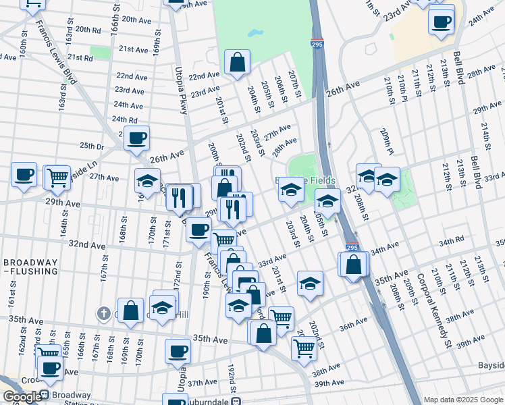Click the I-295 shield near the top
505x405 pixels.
coord(317,44)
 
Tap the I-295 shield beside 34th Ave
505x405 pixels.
coord(352,248)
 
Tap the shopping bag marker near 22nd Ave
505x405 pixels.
coord(238,63)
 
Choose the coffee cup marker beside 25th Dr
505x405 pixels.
coord(137,138)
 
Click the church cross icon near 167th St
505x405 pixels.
coord(103,313)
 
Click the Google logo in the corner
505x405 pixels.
coord(22,397)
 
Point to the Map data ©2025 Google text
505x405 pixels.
coord(463,400)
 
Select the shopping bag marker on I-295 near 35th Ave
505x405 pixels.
coord(354,264)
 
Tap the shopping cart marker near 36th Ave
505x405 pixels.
coord(304,348)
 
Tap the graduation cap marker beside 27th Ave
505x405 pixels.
coord(147,181)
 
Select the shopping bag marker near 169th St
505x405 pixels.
coord(131,310)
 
